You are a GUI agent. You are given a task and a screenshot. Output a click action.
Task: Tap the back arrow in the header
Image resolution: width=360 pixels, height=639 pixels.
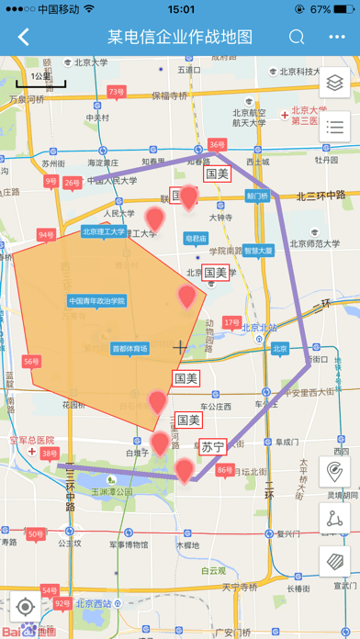point(24,38)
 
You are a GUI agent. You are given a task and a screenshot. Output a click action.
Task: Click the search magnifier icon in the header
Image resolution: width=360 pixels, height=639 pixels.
point(297,38)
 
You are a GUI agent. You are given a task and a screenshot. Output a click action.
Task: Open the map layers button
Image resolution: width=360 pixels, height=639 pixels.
point(334,82)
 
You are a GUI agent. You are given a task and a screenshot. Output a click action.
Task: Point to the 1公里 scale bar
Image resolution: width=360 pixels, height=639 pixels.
point(40,79)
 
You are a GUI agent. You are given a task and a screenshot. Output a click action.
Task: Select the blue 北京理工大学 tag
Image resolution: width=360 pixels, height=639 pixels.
point(103,232)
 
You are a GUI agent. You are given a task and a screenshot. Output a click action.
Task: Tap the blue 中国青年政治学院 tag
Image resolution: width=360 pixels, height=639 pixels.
point(96,300)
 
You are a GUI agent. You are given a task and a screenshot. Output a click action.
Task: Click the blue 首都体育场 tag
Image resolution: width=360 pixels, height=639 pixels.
point(129,349)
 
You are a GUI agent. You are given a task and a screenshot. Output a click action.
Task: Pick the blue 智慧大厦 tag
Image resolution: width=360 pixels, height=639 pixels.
point(258,250)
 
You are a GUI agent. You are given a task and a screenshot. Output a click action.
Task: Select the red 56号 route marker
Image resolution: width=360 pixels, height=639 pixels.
point(31,362)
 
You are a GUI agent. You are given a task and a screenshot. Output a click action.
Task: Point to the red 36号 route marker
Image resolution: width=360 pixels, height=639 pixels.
point(217,145)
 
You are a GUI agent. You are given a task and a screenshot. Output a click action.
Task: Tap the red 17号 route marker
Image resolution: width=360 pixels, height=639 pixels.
point(231,323)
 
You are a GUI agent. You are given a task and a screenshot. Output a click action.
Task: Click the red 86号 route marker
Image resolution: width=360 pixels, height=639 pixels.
point(224,470)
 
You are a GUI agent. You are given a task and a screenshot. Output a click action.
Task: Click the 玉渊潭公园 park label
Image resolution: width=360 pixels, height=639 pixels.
point(112,491)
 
